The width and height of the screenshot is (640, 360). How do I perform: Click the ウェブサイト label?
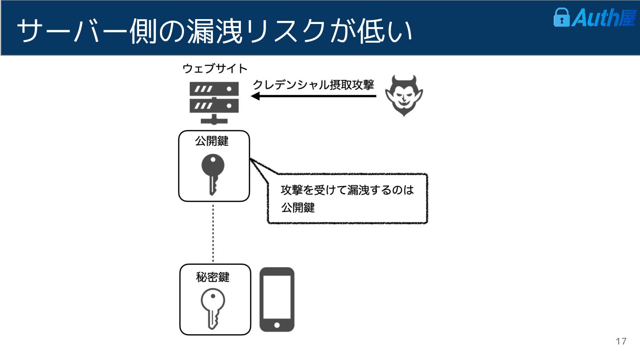(215, 69)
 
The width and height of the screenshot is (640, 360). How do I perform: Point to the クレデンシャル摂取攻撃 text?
(314, 85)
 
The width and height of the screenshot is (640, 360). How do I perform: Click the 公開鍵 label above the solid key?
(212, 141)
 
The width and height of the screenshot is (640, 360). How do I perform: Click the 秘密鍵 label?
(212, 277)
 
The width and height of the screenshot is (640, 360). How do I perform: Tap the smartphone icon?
(277, 299)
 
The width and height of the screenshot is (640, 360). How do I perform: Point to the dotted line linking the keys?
(213, 233)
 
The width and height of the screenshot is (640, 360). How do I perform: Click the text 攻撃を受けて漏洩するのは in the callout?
(347, 190)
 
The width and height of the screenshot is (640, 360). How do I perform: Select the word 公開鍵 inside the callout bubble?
(298, 207)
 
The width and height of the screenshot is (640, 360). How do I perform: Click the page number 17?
(621, 341)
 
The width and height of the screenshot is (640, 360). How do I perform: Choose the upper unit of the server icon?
(214, 89)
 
